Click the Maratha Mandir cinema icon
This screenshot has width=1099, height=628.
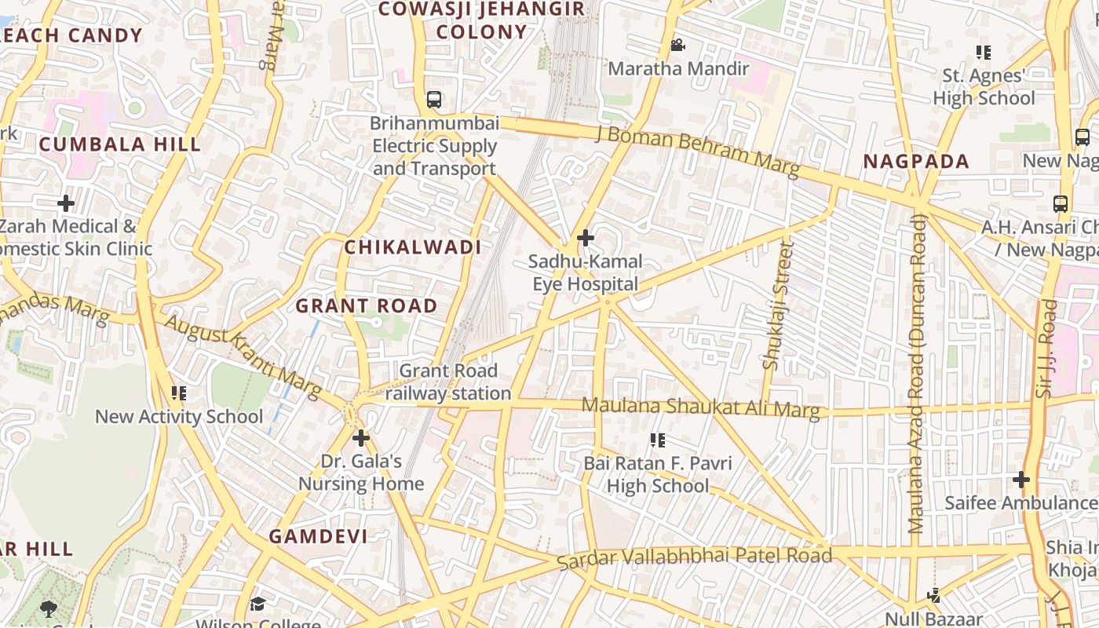[x=678, y=46]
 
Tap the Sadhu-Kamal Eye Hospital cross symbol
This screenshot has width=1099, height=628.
[x=585, y=238]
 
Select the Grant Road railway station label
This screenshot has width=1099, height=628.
[x=448, y=382]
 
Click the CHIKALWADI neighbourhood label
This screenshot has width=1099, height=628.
[x=413, y=247]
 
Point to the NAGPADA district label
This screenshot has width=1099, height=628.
[x=916, y=162]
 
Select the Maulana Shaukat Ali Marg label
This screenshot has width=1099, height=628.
[x=700, y=407]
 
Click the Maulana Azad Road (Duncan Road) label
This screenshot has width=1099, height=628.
[x=917, y=374]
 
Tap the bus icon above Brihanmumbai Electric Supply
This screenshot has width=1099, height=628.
[x=433, y=100]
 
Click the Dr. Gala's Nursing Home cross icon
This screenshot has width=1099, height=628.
[x=361, y=437]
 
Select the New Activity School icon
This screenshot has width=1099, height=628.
[x=179, y=392]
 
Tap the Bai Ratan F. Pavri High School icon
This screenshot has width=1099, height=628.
[x=658, y=440]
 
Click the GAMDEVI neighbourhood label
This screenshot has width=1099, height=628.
[x=318, y=537]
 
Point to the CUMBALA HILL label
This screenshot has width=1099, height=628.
[x=120, y=144]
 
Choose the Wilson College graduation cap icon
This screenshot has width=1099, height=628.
[x=257, y=604]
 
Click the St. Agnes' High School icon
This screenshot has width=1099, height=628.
[x=983, y=53]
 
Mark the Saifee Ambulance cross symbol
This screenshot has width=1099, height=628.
[x=1020, y=479]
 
